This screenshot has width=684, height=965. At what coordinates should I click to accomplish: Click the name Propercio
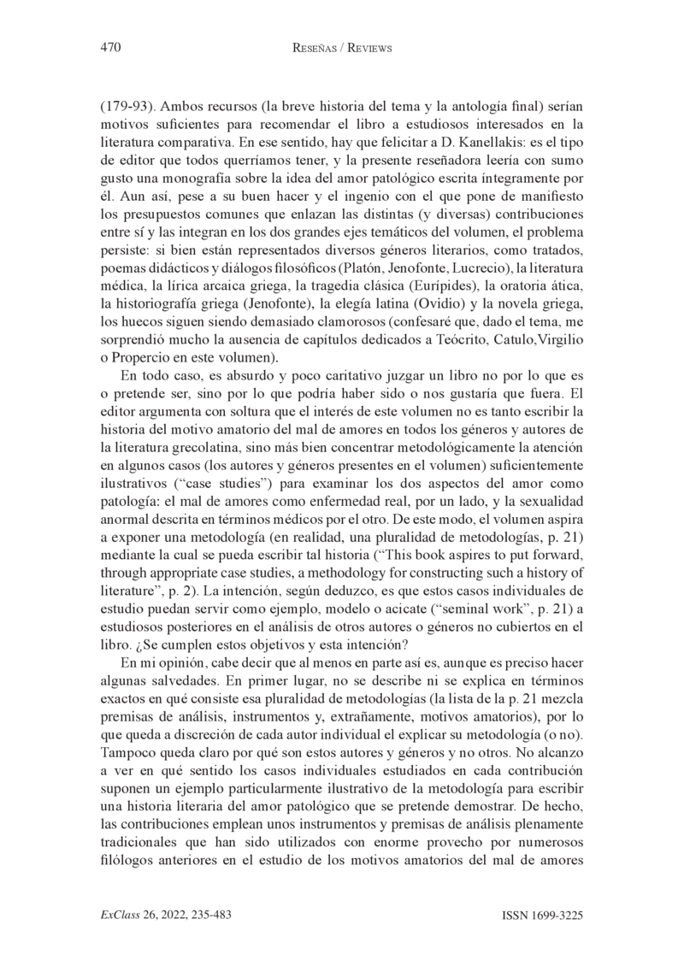(135, 358)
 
